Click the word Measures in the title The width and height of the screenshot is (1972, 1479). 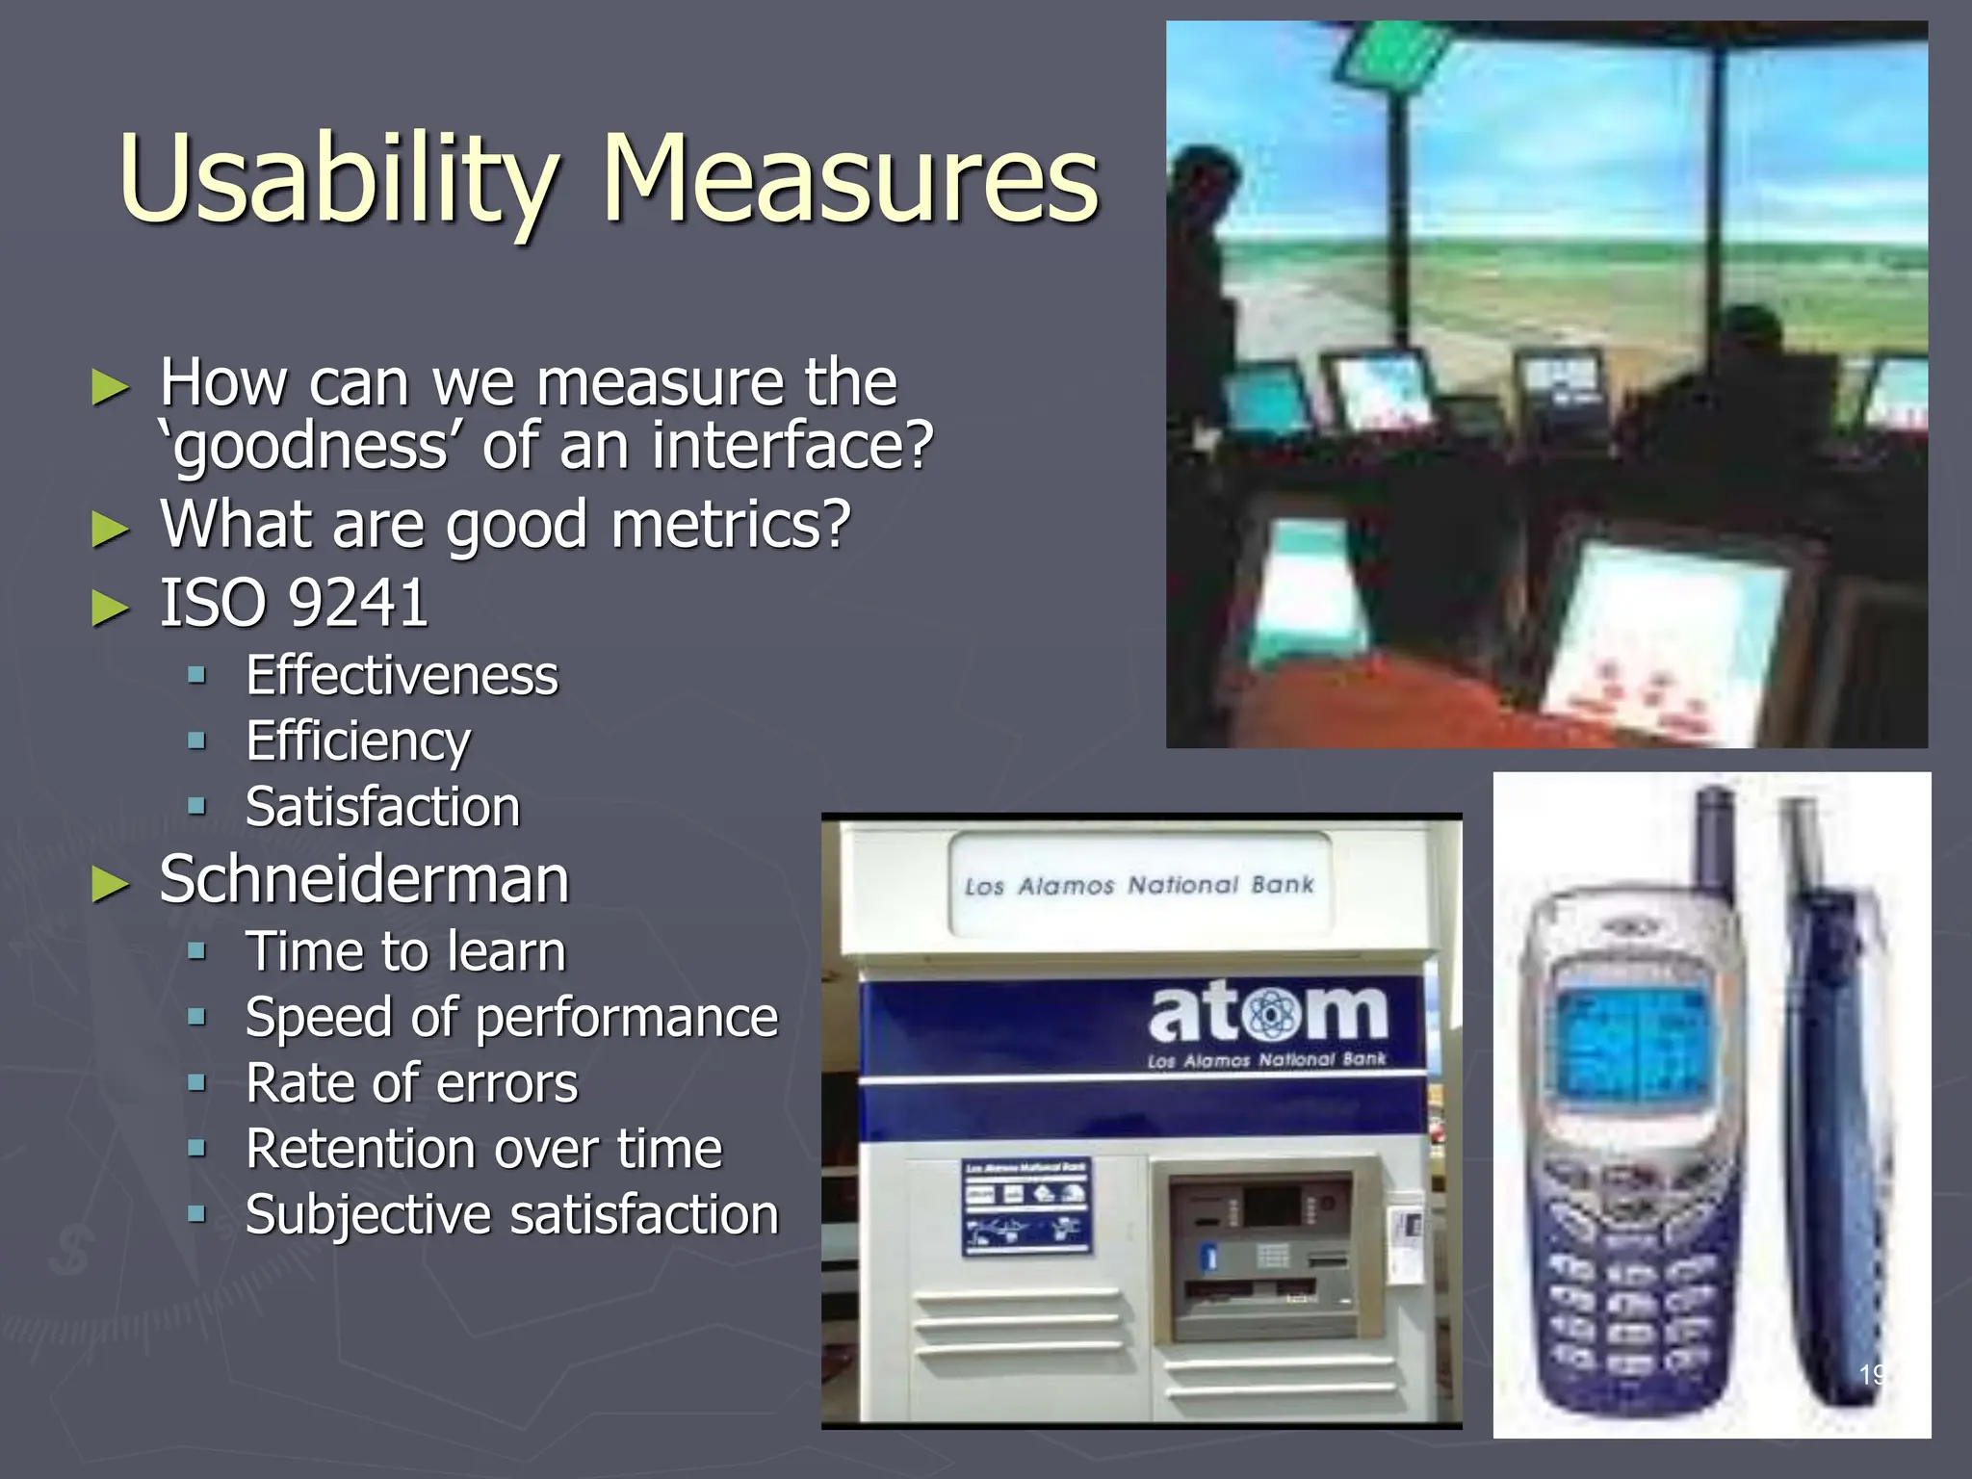tap(849, 179)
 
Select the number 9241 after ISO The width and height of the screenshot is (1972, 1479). tap(358, 604)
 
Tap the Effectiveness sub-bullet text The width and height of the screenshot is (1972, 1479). tap(402, 675)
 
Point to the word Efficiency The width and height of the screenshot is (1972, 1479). tap(358, 740)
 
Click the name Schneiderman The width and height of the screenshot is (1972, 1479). tap(364, 879)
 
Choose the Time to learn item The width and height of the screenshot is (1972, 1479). tap(405, 951)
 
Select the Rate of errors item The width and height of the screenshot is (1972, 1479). tap(411, 1083)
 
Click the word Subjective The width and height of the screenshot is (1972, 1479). tap(368, 1215)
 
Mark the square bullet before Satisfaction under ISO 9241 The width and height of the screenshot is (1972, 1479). tap(197, 806)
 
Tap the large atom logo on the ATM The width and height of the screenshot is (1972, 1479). tap(1267, 1014)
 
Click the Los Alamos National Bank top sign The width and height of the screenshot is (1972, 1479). tap(1139, 885)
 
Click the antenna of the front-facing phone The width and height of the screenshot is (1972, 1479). tap(1712, 838)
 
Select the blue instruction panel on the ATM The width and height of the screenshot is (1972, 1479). tap(1026, 1207)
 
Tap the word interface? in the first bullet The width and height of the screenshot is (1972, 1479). tap(791, 446)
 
